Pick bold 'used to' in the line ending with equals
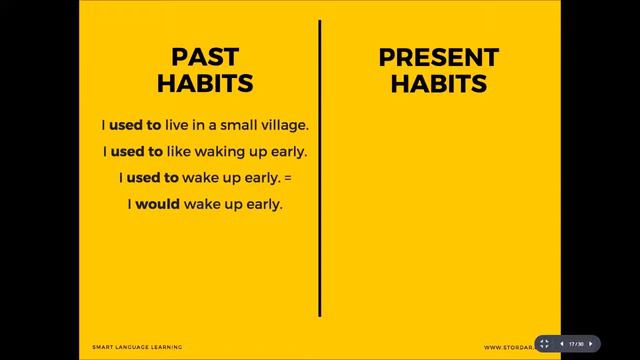pyautogui.click(x=152, y=177)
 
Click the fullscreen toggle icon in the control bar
pyautogui.click(x=545, y=343)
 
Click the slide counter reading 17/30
pyautogui.click(x=576, y=343)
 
